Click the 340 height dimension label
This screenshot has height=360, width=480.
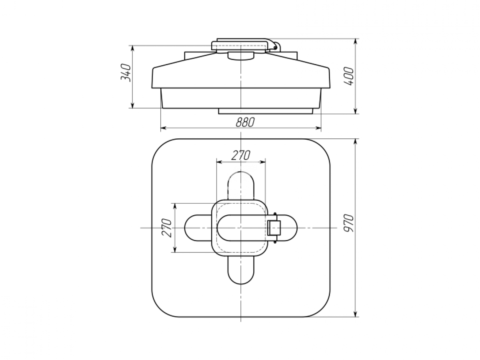click(126, 73)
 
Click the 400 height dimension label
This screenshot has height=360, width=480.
click(348, 76)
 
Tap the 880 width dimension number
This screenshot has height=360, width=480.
click(245, 122)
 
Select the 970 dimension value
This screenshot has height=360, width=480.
click(348, 223)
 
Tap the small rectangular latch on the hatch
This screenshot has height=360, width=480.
click(274, 228)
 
